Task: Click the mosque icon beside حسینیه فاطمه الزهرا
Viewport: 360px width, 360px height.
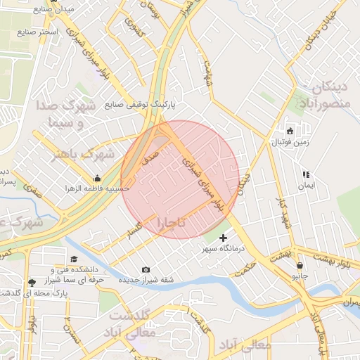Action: (96, 177)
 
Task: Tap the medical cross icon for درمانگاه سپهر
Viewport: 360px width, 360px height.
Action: (224, 238)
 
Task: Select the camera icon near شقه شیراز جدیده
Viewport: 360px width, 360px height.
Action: (146, 270)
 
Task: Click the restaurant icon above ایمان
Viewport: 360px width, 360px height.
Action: (305, 174)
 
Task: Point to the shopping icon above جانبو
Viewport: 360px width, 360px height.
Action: (301, 266)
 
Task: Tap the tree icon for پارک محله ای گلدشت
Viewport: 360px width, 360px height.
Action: (32, 283)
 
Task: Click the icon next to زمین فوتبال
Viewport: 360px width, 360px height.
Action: (290, 131)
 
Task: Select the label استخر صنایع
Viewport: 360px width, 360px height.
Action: (38, 32)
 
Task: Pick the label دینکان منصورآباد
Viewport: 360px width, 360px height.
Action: (325, 96)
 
